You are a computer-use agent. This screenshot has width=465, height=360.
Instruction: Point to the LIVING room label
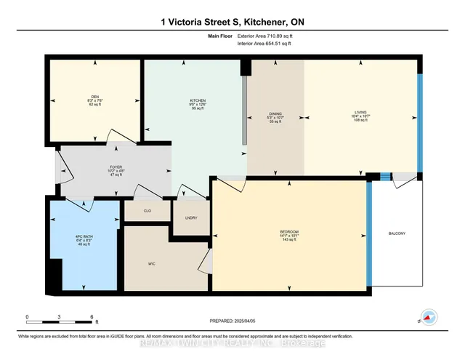coord(360,113)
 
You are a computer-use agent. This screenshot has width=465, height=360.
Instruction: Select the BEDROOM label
coord(290,231)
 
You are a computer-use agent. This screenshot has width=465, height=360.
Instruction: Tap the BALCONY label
coord(396,233)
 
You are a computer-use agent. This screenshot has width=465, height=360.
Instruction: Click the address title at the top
coord(232,23)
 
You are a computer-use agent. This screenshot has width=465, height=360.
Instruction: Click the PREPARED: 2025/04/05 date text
coord(233,320)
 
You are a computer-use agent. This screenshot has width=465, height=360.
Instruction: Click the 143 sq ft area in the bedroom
coord(290,240)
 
